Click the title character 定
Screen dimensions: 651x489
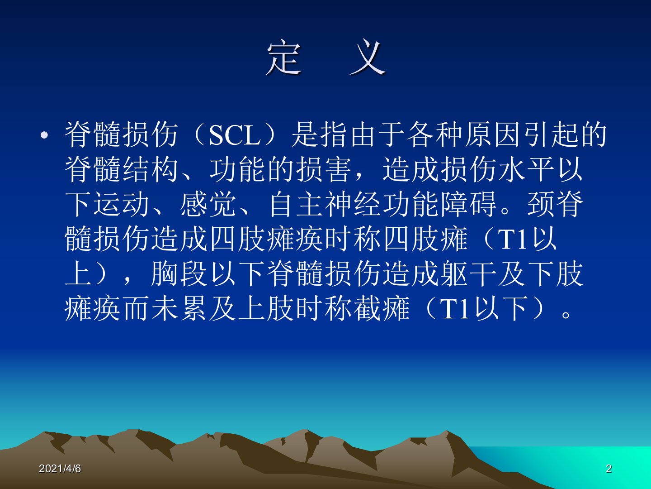point(284,58)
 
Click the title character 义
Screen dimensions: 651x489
point(368,58)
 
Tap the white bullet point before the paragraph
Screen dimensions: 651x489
point(44,135)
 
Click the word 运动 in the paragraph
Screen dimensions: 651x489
point(122,204)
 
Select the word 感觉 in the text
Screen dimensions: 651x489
point(208,204)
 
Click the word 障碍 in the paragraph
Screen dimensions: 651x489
point(469,204)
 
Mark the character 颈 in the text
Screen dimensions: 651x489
point(541,204)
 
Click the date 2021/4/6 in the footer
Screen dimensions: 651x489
point(60,469)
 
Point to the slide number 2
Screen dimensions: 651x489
point(609,469)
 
